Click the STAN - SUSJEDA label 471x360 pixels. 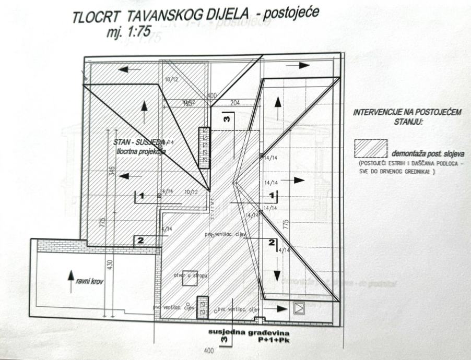139,142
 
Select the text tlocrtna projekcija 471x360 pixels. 141,151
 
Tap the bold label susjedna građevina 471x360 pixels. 241,332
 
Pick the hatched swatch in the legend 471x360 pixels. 371,148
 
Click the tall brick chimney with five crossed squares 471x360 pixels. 204,148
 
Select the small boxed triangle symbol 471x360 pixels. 299,308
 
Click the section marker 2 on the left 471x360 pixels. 139,240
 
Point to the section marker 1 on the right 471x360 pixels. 272,195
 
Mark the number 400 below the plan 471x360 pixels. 208,351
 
